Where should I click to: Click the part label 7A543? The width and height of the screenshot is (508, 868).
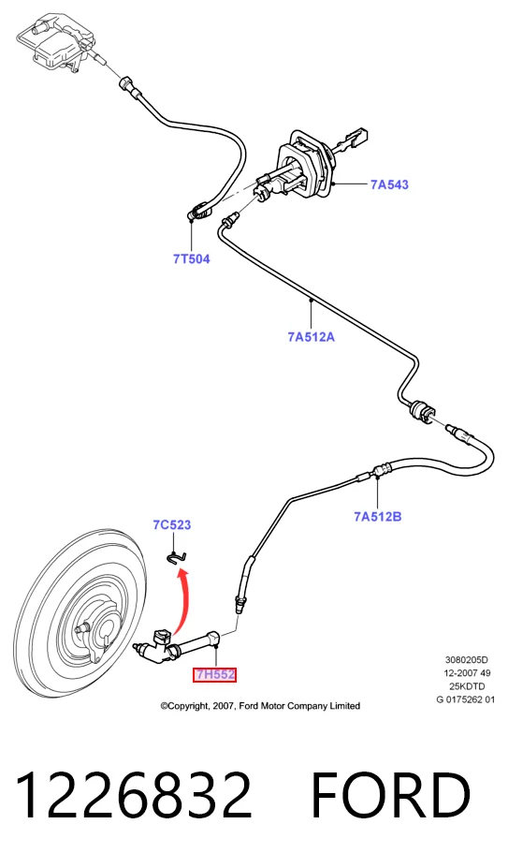click(389, 184)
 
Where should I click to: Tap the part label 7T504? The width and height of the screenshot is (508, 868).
click(192, 258)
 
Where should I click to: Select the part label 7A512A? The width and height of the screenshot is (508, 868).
click(311, 336)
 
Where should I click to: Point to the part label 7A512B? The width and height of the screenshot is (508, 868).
click(377, 517)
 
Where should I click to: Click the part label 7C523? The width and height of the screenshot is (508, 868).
click(172, 524)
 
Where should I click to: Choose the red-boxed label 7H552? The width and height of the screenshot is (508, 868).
click(214, 675)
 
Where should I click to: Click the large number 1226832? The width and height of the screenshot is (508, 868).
click(134, 795)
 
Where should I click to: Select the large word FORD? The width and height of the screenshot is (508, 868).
click(391, 795)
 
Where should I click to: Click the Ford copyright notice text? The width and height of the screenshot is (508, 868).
click(260, 706)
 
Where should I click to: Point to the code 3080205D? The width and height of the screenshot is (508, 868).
click(467, 660)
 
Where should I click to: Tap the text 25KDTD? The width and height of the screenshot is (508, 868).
click(467, 686)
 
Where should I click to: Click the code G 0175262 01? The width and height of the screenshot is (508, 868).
click(465, 699)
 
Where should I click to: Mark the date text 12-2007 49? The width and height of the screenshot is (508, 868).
click(467, 673)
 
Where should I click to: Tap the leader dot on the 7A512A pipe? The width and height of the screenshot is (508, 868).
click(311, 300)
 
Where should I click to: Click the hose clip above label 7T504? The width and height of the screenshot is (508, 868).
click(197, 211)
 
